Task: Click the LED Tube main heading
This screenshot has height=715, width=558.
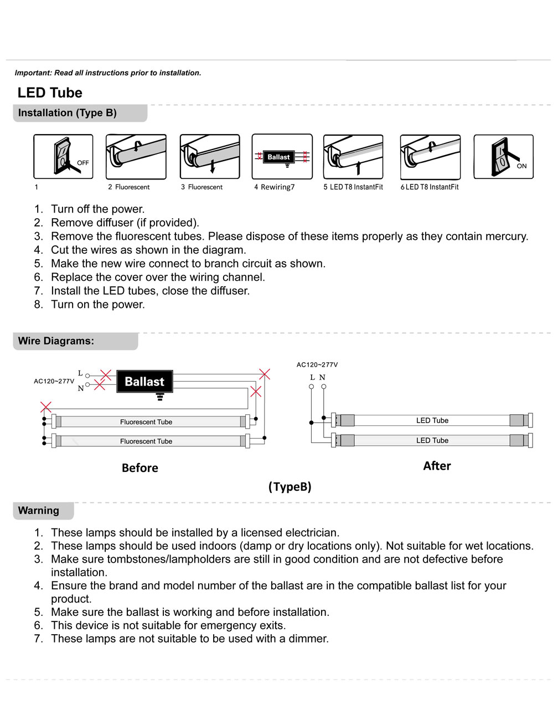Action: tap(50, 92)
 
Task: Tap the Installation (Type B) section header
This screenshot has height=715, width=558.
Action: tap(67, 113)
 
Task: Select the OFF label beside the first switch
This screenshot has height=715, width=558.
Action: tap(83, 163)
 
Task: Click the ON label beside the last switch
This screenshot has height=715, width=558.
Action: tap(521, 166)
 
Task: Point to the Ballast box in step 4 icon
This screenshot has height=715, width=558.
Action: tap(278, 157)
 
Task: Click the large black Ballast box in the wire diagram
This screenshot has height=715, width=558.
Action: tap(144, 382)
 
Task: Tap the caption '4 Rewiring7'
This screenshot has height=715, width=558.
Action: tap(275, 187)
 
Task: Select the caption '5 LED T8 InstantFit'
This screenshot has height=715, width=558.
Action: tap(353, 187)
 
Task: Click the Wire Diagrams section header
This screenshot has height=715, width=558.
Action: tap(56, 341)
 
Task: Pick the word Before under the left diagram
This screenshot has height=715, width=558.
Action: tap(140, 468)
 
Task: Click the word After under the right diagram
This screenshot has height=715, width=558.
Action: tap(437, 466)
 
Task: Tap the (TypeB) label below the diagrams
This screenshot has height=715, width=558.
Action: tap(290, 487)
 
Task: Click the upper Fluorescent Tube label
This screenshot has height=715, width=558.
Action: tap(146, 422)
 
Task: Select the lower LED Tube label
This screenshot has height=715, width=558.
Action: tap(432, 440)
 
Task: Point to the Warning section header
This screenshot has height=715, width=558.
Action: tap(38, 511)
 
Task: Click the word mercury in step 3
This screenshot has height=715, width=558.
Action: tap(506, 236)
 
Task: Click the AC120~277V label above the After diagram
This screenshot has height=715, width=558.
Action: tap(317, 365)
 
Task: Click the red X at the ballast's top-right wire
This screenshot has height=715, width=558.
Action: tap(265, 374)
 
